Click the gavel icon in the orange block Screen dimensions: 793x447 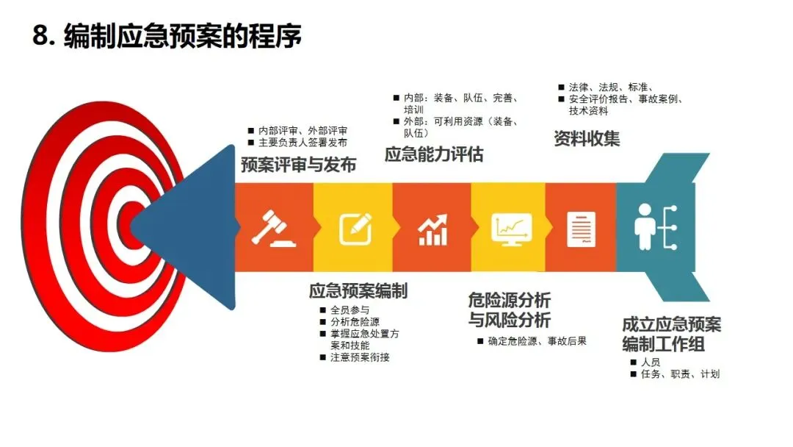273,229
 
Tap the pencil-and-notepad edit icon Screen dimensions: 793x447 355,229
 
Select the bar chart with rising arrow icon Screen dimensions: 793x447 432,230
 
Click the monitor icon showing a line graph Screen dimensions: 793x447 512,229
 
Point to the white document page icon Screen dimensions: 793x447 581,230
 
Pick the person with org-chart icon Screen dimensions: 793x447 656,227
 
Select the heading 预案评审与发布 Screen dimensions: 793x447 298,165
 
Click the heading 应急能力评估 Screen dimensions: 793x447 434,154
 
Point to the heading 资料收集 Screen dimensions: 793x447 587,138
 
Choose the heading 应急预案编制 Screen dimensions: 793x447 358,291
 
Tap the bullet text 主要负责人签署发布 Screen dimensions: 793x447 303,143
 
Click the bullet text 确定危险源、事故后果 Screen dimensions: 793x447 537,341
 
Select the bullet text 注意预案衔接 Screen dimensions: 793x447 360,357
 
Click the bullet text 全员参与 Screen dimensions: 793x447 350,310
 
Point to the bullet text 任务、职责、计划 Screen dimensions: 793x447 680,374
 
